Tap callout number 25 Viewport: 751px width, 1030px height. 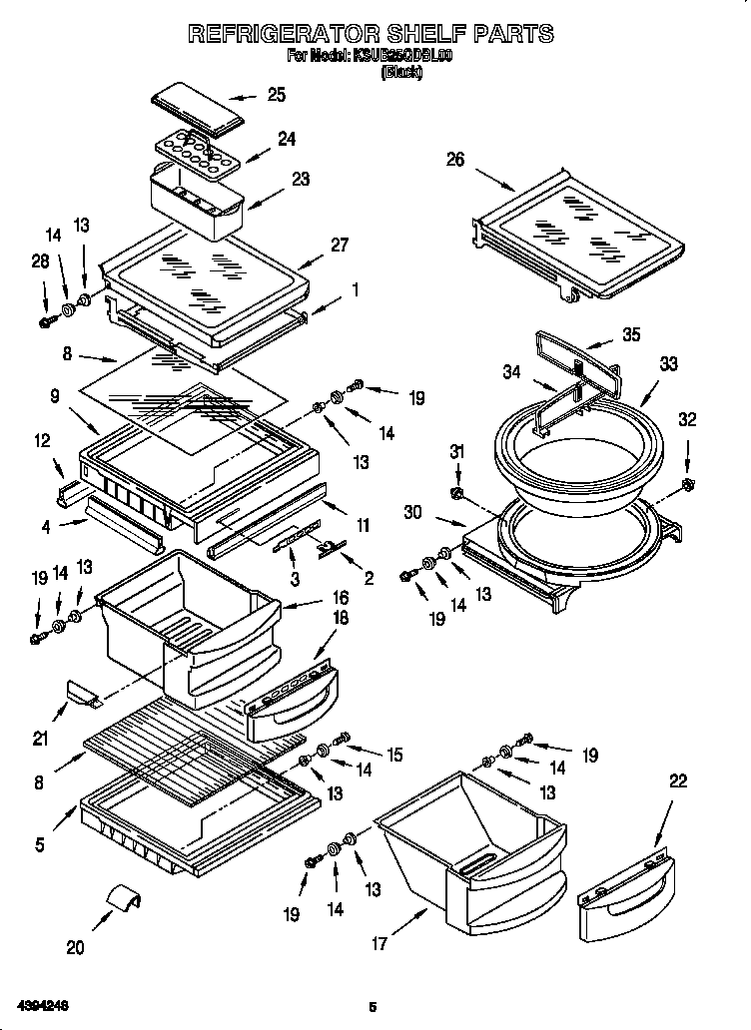coord(276,95)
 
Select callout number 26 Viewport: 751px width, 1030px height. coord(455,159)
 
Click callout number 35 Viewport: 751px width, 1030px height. coord(630,334)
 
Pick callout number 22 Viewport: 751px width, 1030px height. coord(678,782)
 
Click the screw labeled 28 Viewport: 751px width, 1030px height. coord(46,321)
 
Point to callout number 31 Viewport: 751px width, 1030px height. coord(456,452)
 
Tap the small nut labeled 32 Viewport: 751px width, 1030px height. coord(687,485)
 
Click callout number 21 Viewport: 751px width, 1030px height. coord(40,739)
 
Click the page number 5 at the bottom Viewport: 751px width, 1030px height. coord(372,1007)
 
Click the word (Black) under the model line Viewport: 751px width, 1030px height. coord(401,72)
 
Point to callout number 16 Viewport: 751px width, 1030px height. coord(341,598)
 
